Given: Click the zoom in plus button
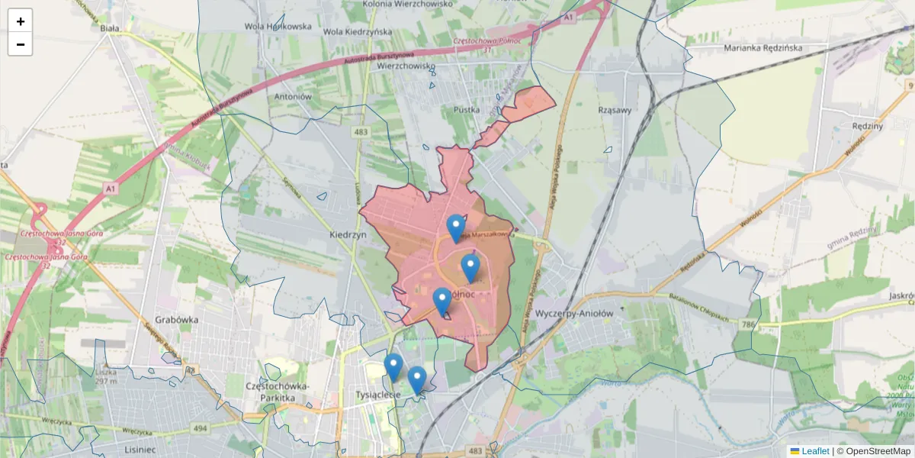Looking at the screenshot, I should [21, 21].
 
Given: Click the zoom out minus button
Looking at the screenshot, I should [21, 44].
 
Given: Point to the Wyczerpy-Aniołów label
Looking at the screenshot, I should [574, 314].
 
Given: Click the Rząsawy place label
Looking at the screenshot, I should [615, 110].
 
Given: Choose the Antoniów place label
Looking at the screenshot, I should [294, 97].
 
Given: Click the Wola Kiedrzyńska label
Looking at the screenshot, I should [358, 32].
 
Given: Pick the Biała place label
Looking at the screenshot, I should [110, 28].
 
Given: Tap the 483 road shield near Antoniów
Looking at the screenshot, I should [361, 132].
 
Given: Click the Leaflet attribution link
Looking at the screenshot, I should [814, 451].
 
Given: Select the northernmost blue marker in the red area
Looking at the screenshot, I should [456, 227].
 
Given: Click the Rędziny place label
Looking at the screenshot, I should [868, 126].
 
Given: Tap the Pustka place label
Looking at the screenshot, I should [466, 110].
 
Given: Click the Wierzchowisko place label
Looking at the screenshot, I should [406, 66].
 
